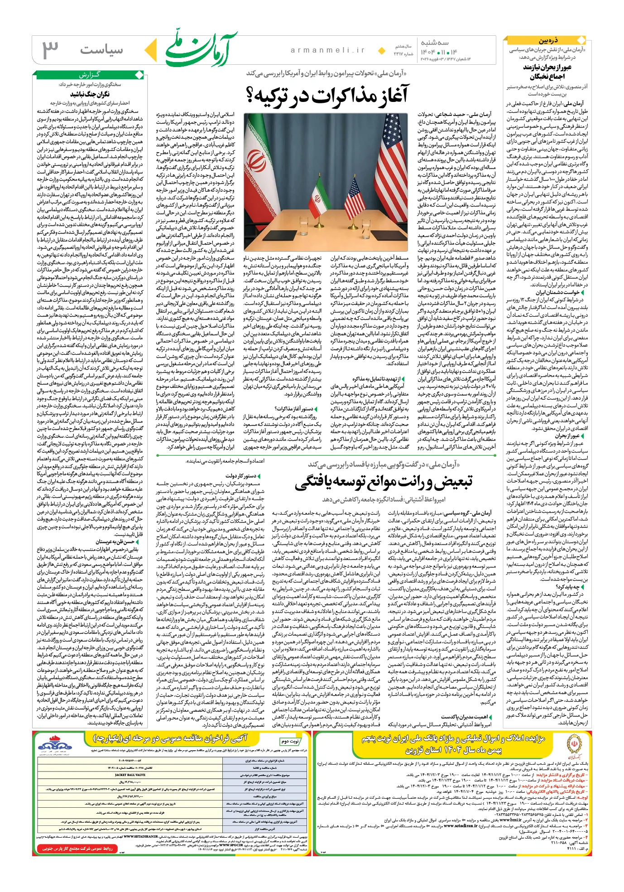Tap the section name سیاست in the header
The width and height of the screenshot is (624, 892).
click(x=101, y=50)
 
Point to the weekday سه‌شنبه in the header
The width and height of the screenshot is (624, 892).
click(x=435, y=43)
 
